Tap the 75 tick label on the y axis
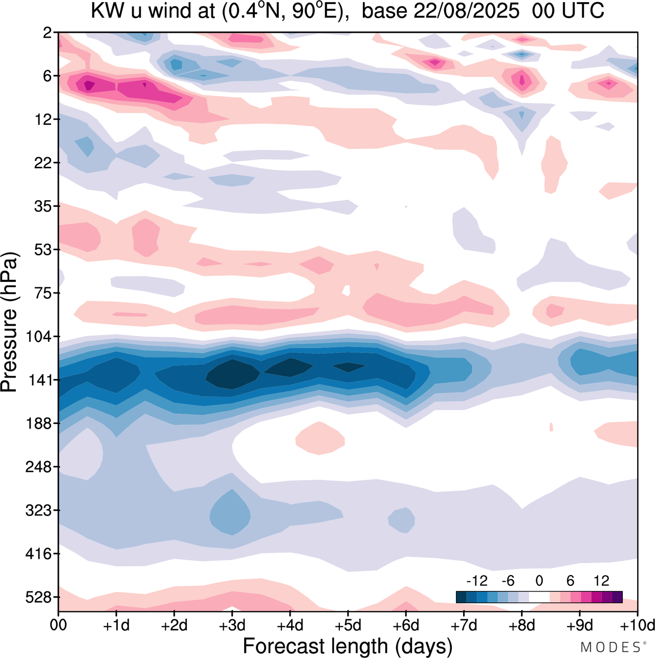coord(45,293)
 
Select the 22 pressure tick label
coord(45,163)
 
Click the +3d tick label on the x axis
coord(232,625)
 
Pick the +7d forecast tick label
coord(464,625)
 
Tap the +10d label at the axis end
coord(637,625)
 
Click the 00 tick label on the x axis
coord(58,625)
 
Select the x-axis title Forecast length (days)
coord(347,646)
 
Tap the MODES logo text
coord(610,647)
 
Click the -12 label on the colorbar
coord(476,581)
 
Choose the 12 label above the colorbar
coord(602,581)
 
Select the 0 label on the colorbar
coord(539,581)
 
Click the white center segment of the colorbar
coord(539,597)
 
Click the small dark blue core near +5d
coord(349,367)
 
